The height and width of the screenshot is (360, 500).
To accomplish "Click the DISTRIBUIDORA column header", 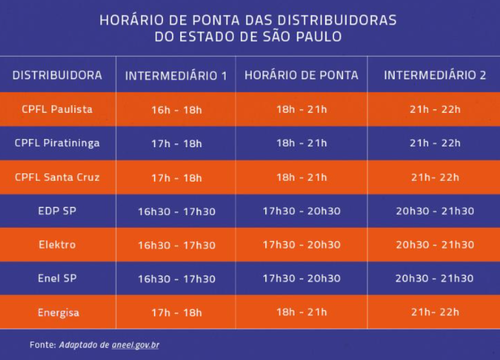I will click(57, 75).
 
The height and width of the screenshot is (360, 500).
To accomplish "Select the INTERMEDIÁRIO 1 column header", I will click(176, 75).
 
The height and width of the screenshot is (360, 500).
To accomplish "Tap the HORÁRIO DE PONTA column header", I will click(301, 75).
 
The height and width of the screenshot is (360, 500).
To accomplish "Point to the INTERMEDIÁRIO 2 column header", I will click(435, 75).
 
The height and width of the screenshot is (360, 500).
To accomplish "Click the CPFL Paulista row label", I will click(57, 109).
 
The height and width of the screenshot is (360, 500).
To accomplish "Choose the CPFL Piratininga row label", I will click(57, 143).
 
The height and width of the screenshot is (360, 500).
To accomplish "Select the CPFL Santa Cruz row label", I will click(57, 177).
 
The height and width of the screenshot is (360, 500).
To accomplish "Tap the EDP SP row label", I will click(57, 211).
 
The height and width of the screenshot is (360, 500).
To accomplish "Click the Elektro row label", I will click(57, 244).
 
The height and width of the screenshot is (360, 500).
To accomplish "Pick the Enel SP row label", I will click(57, 278).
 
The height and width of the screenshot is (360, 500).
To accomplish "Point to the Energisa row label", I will click(57, 312).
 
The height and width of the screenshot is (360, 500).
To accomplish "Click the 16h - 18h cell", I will click(176, 110).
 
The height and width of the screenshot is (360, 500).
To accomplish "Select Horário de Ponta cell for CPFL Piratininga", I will click(301, 143).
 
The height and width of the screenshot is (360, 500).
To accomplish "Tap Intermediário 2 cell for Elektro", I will click(435, 245).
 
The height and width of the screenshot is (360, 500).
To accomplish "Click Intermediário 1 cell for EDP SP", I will click(176, 211).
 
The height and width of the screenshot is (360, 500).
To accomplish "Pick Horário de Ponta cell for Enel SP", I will click(301, 279).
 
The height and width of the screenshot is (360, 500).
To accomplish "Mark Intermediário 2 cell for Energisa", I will click(435, 312).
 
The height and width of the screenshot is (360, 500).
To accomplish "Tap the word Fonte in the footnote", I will click(43, 344).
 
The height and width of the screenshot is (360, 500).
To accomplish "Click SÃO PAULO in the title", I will click(308, 36).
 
